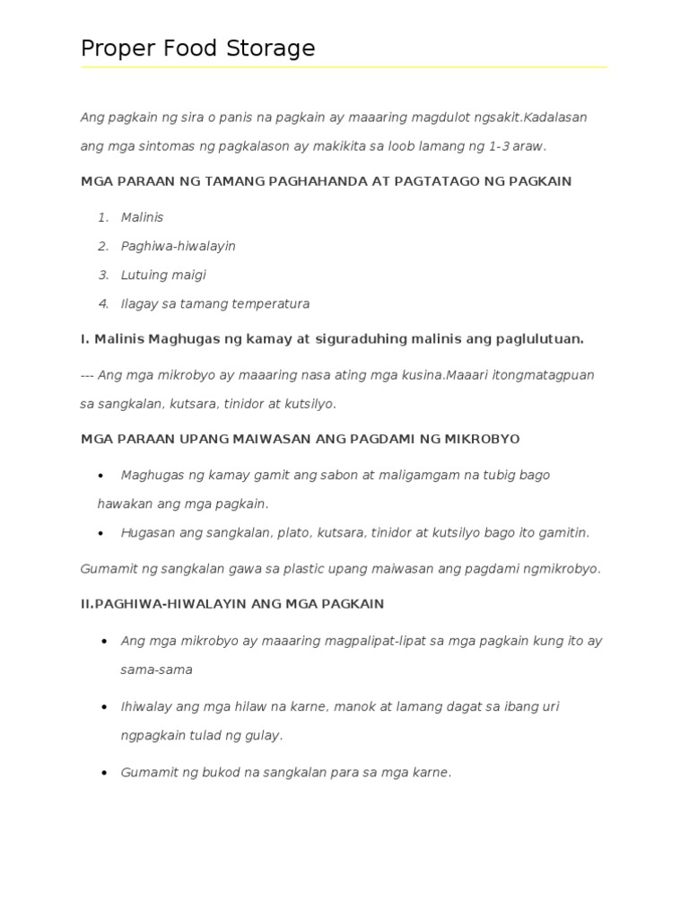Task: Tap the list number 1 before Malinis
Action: (103, 217)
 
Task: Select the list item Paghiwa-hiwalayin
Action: (178, 246)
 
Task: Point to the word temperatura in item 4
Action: (271, 303)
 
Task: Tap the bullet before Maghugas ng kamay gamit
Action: (101, 476)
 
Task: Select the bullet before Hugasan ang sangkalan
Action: (101, 533)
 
